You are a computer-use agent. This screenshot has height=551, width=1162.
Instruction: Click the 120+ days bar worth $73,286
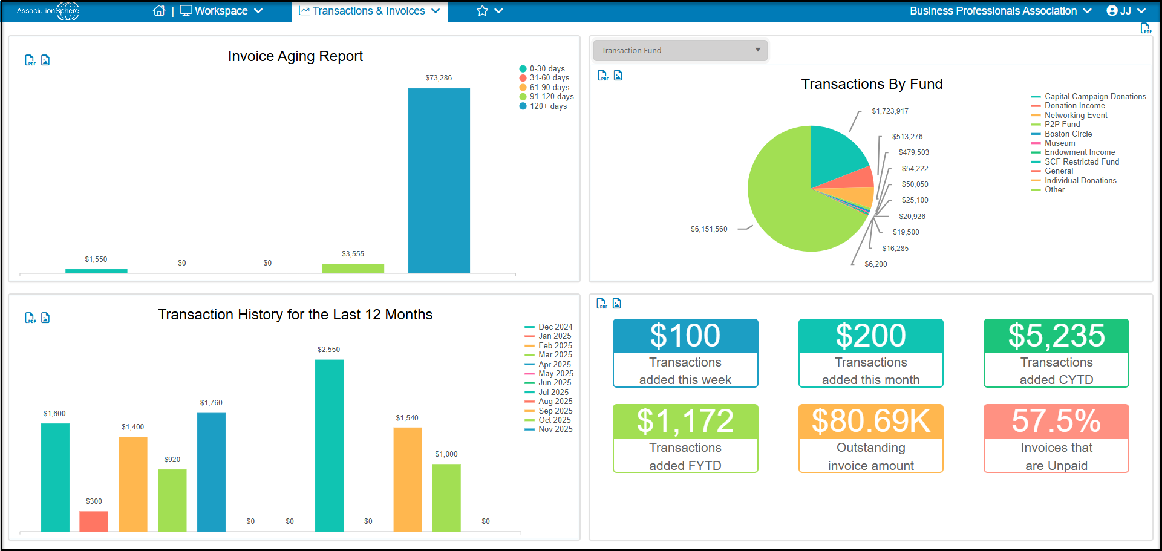pyautogui.click(x=439, y=180)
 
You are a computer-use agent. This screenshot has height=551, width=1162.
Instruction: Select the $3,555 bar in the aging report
pyautogui.click(x=353, y=269)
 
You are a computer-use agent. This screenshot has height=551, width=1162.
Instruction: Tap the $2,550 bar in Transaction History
pyautogui.click(x=329, y=446)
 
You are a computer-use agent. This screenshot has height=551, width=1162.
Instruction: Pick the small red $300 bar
pyautogui.click(x=94, y=521)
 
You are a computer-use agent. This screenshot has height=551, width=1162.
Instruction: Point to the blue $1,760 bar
pyautogui.click(x=211, y=472)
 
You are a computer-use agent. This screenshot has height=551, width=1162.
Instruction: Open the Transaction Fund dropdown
pyautogui.click(x=681, y=50)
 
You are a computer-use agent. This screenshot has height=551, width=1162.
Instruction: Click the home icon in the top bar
pyautogui.click(x=159, y=11)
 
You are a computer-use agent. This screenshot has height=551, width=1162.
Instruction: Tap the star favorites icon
pyautogui.click(x=482, y=11)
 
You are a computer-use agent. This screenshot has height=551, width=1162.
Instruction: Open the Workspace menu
pyautogui.click(x=221, y=11)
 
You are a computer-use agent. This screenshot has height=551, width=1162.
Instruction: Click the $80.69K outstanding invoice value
pyautogui.click(x=870, y=421)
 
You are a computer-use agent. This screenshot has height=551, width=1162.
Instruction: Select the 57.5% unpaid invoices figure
pyautogui.click(x=1056, y=421)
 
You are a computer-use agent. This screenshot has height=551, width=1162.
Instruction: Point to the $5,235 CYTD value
pyautogui.click(x=1056, y=336)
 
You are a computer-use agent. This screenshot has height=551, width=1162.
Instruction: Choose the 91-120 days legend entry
pyautogui.click(x=547, y=97)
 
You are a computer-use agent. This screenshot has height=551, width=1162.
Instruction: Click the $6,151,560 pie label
pyautogui.click(x=709, y=229)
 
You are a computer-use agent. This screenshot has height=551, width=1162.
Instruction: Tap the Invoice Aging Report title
pyautogui.click(x=295, y=56)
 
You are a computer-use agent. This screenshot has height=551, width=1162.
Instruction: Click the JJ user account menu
pyautogui.click(x=1126, y=11)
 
